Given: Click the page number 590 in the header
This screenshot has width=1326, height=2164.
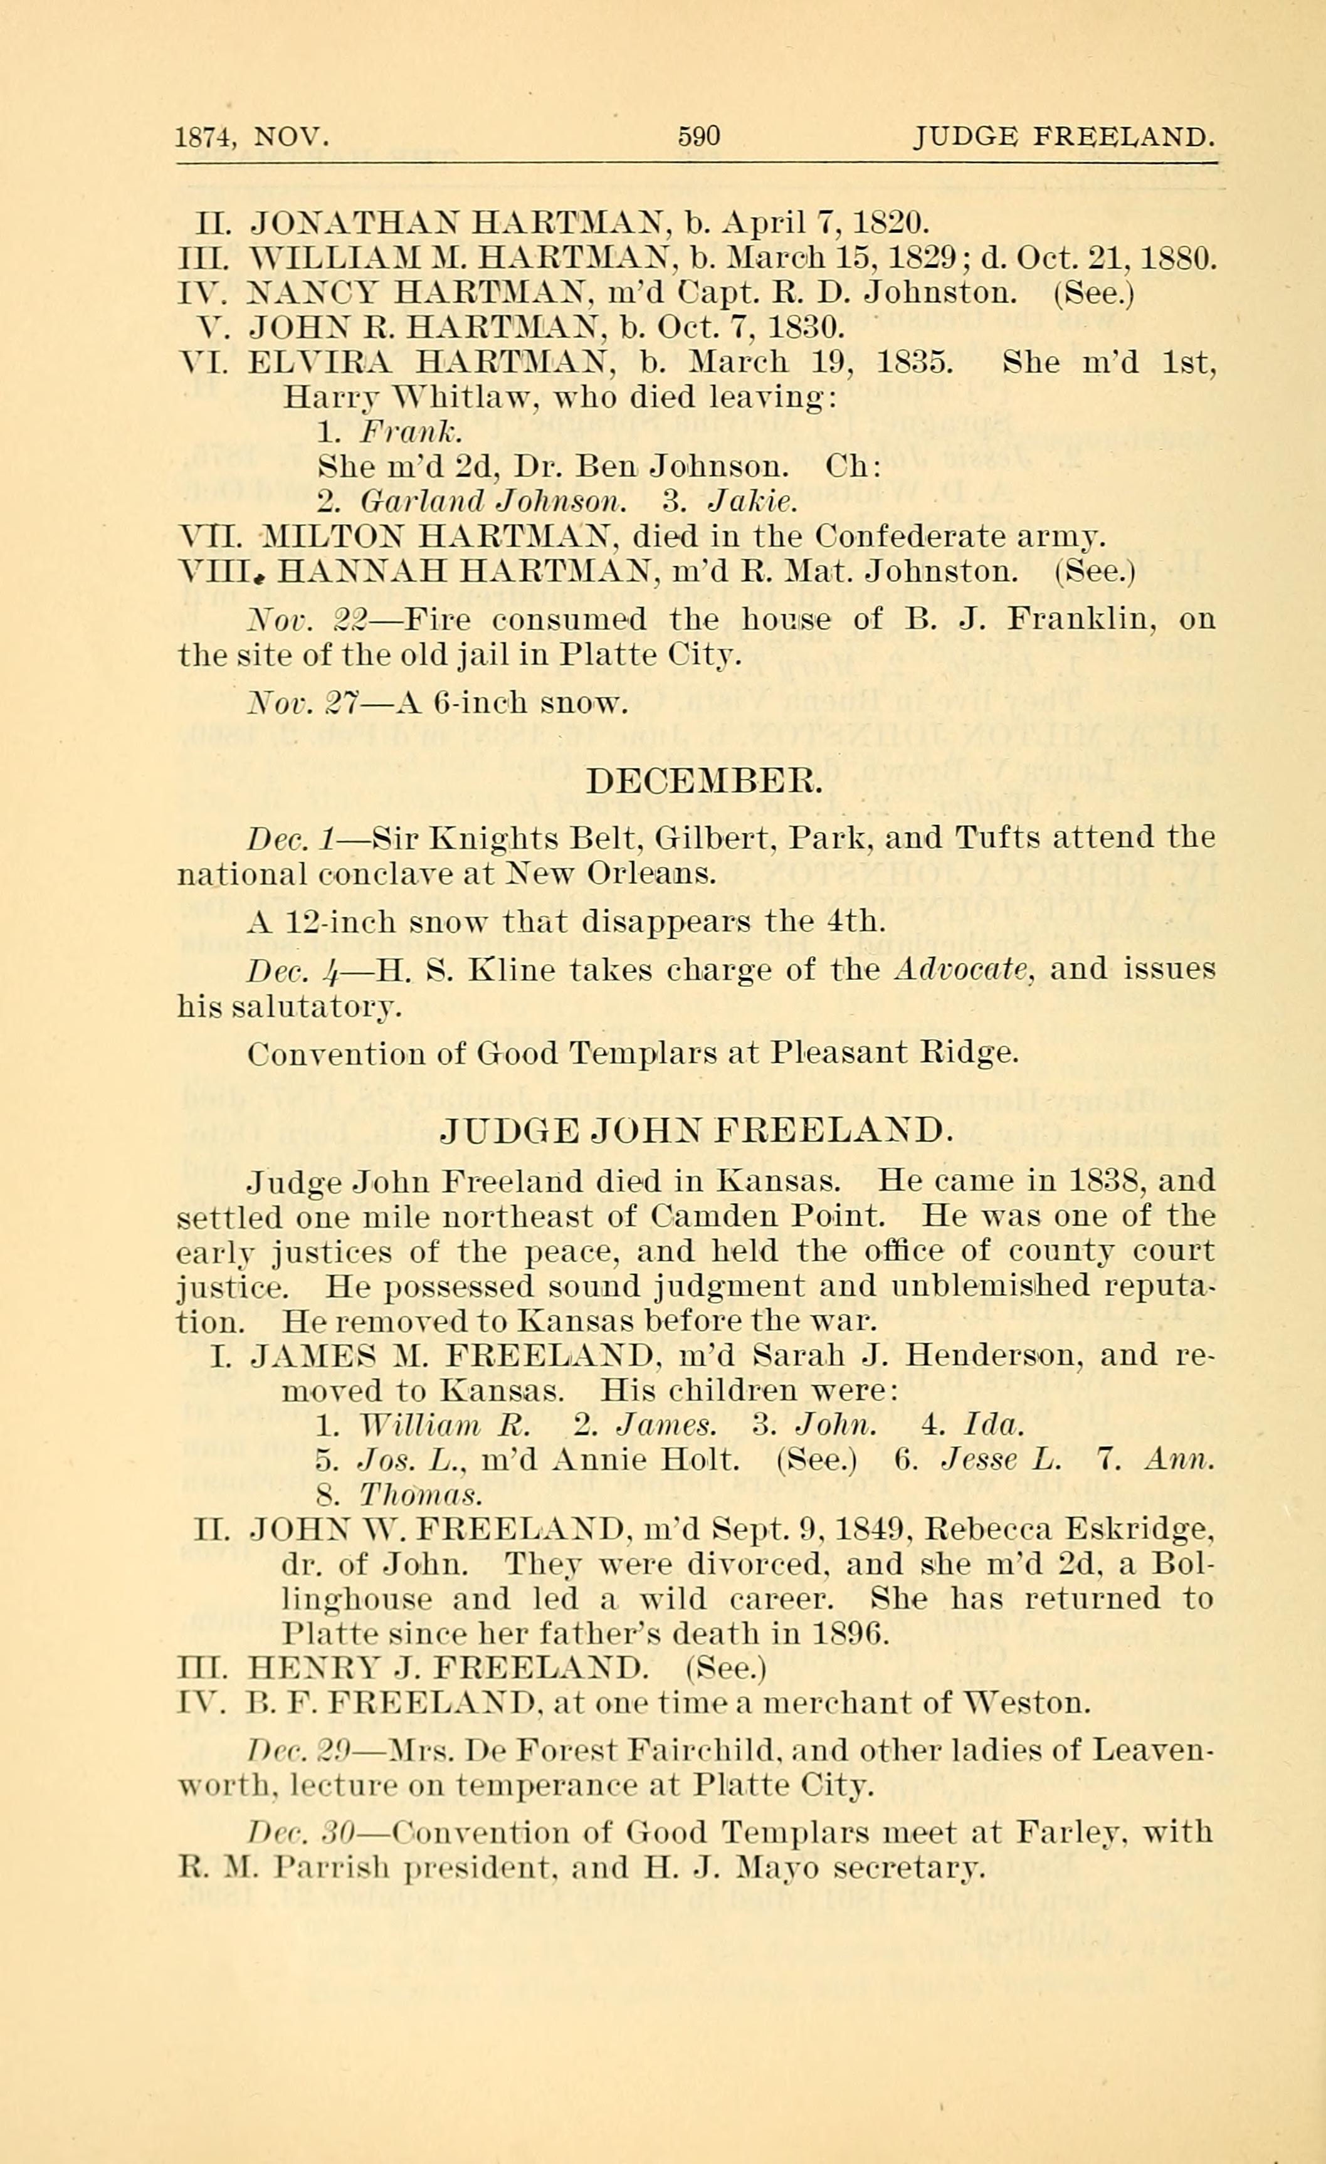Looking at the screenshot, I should pyautogui.click(x=699, y=136).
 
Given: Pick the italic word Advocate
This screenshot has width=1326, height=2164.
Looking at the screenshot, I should pyautogui.click(x=964, y=970).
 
